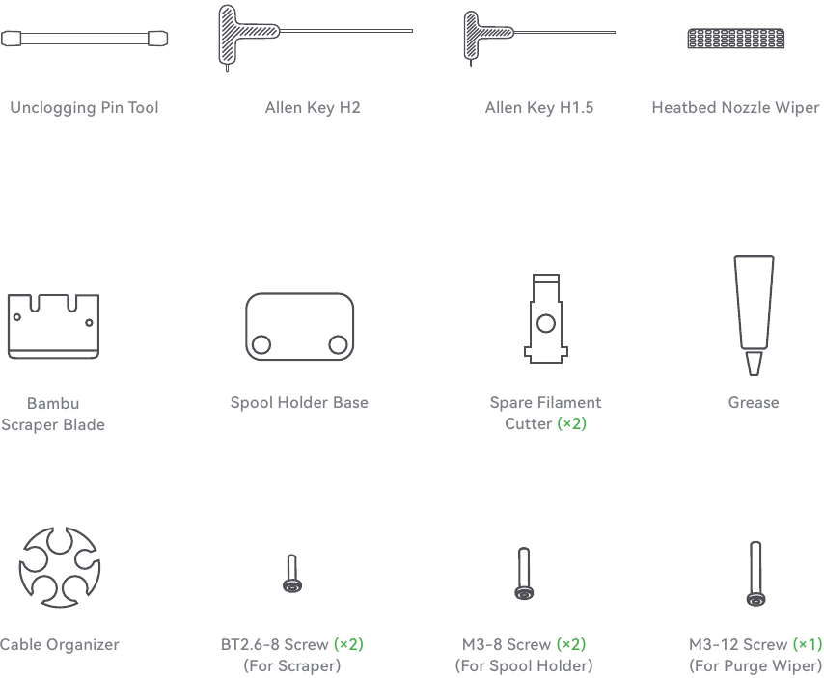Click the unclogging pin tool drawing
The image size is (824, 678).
84,39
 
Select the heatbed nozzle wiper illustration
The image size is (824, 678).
735,39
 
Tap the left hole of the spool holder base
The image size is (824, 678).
261,344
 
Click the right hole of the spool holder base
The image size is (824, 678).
338,344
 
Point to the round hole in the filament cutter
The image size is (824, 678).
546,323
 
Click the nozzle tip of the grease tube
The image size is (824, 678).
755,364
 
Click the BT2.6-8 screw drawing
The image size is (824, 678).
292,574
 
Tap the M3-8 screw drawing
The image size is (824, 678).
524,573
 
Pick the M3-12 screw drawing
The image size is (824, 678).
755,574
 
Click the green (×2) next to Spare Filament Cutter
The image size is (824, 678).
572,423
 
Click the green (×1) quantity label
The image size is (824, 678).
808,644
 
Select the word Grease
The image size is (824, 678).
754,403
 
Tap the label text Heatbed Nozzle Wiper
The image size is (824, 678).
735,108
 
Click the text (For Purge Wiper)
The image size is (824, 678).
755,665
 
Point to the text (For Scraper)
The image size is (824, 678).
292,665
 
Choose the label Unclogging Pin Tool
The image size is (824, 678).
84,108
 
